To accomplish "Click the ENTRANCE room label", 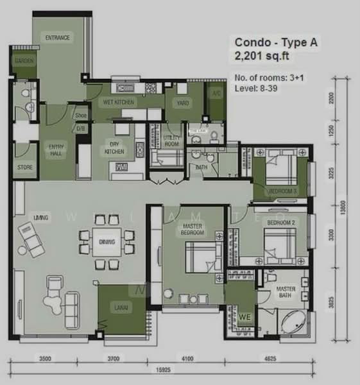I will (57, 38).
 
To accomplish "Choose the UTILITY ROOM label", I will (171, 142).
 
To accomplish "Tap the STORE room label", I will (24, 169).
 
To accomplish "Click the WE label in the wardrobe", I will (244, 316).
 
